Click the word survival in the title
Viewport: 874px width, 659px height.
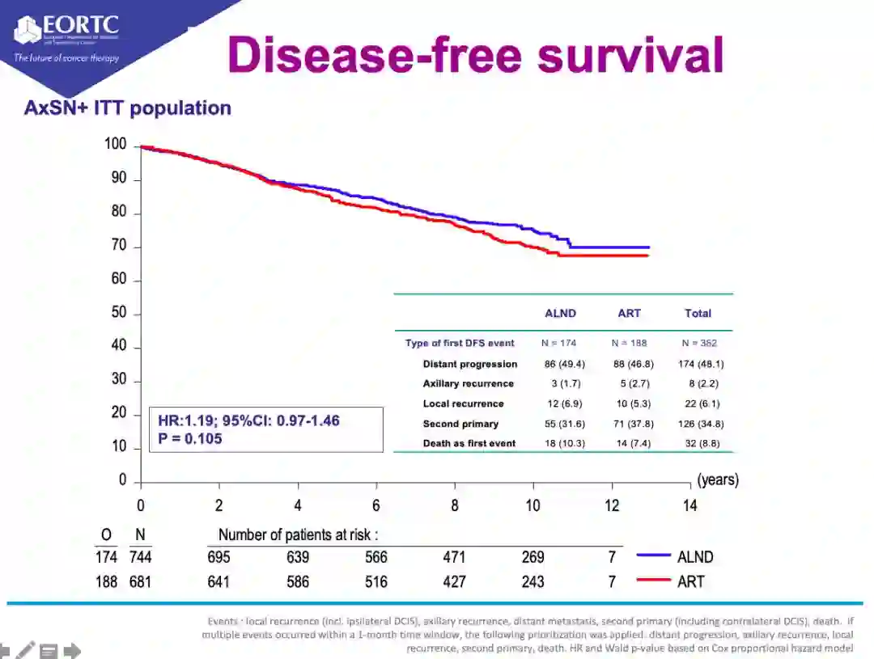click(x=630, y=55)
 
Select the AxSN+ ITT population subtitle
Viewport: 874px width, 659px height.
click(x=127, y=108)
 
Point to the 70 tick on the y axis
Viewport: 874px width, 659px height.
click(x=119, y=247)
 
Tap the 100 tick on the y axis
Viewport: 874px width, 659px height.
click(x=116, y=145)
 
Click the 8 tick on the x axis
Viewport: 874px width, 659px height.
click(x=455, y=506)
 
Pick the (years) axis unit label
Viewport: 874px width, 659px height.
click(x=717, y=479)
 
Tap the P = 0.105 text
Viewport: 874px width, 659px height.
click(x=190, y=439)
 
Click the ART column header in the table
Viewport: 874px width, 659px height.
click(x=629, y=314)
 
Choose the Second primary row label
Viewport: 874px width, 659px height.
click(x=460, y=424)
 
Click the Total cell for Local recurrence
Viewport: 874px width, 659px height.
click(x=698, y=403)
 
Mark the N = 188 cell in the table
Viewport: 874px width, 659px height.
click(x=629, y=344)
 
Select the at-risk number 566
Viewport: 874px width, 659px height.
click(x=376, y=557)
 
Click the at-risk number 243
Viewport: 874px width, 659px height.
click(x=532, y=581)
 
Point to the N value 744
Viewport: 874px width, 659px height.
click(x=140, y=557)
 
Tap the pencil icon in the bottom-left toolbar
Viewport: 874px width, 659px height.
click(x=26, y=650)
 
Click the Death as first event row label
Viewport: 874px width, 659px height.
click(x=469, y=444)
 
